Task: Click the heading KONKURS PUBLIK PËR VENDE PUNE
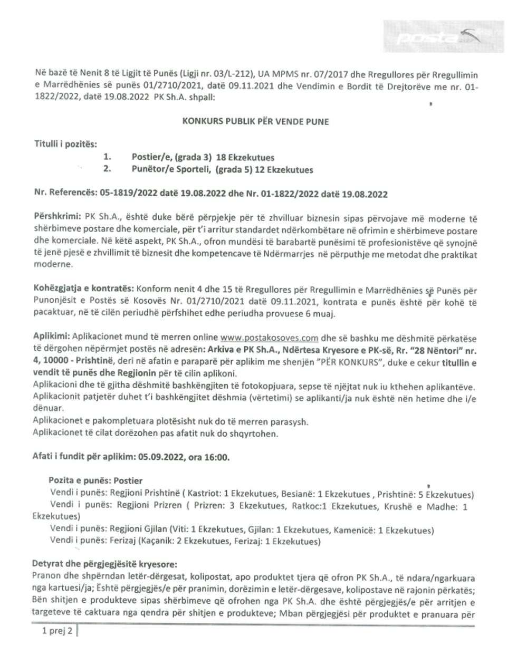point(255,121)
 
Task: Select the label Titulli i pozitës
point(66,143)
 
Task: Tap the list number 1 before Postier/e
point(108,157)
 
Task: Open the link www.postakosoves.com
point(269,338)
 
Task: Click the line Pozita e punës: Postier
point(95,480)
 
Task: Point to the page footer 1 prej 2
point(58,631)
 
